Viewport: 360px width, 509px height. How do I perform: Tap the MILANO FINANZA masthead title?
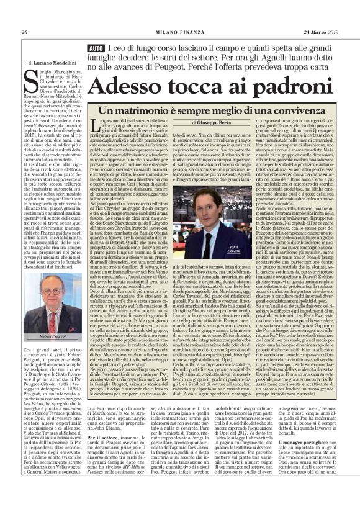click(x=180, y=33)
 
